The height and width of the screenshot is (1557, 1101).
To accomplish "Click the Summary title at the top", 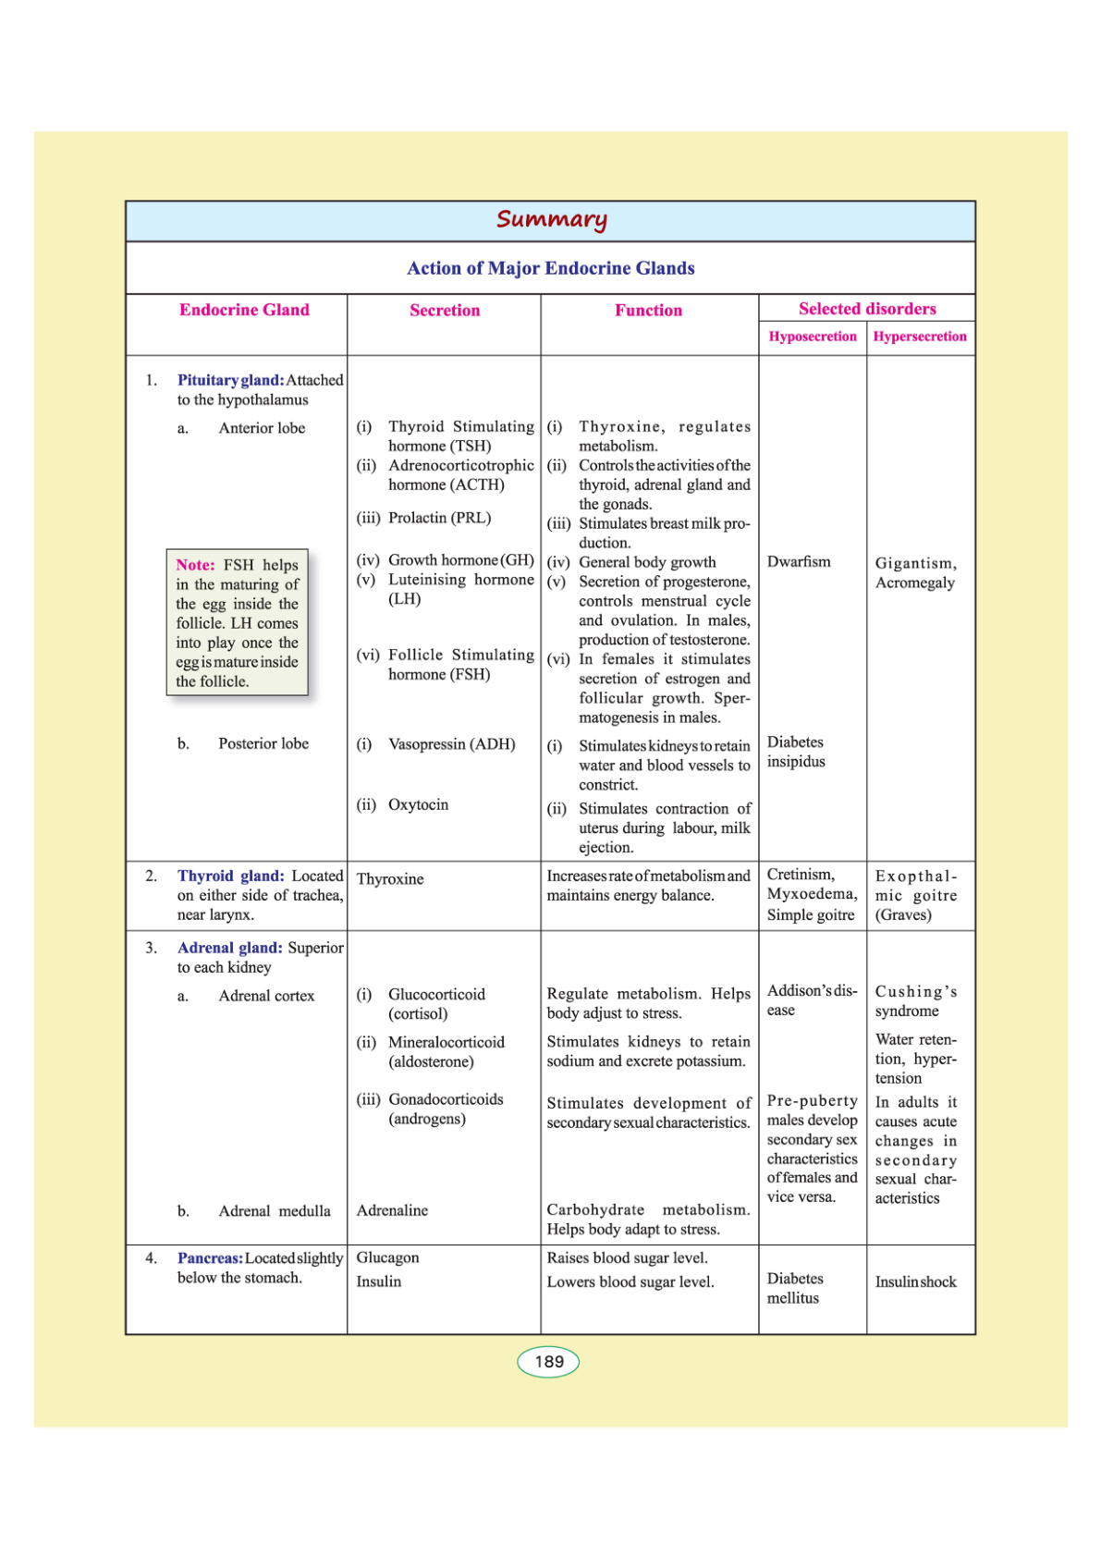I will (551, 219).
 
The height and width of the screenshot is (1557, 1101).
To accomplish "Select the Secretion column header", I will (445, 311).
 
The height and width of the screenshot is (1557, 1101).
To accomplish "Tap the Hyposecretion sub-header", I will (813, 337).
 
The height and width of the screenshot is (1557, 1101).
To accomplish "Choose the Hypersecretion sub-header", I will (920, 337).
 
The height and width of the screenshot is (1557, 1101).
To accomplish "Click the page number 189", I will (548, 1362).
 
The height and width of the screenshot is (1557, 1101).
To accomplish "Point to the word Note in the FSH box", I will (195, 565).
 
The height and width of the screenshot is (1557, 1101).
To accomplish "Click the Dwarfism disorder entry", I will (799, 562).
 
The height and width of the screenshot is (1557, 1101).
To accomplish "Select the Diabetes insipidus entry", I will (796, 752).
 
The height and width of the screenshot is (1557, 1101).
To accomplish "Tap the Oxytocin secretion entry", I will (418, 805).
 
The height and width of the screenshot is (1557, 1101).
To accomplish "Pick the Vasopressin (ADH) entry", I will (451, 744).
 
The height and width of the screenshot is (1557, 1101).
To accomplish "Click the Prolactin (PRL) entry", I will (439, 518).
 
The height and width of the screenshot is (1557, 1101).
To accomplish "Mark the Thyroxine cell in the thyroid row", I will (390, 879).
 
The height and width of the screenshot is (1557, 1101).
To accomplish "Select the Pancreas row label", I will (210, 1258).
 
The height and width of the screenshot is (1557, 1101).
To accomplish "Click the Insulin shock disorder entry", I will (915, 1282).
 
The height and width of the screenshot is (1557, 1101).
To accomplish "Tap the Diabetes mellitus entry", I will (794, 1288).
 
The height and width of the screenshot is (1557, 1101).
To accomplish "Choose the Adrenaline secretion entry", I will (392, 1210).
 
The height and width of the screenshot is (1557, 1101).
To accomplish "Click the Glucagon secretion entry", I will (387, 1258).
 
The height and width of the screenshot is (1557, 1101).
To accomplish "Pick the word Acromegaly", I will (914, 583).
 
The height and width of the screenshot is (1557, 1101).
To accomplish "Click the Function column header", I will (648, 311).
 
